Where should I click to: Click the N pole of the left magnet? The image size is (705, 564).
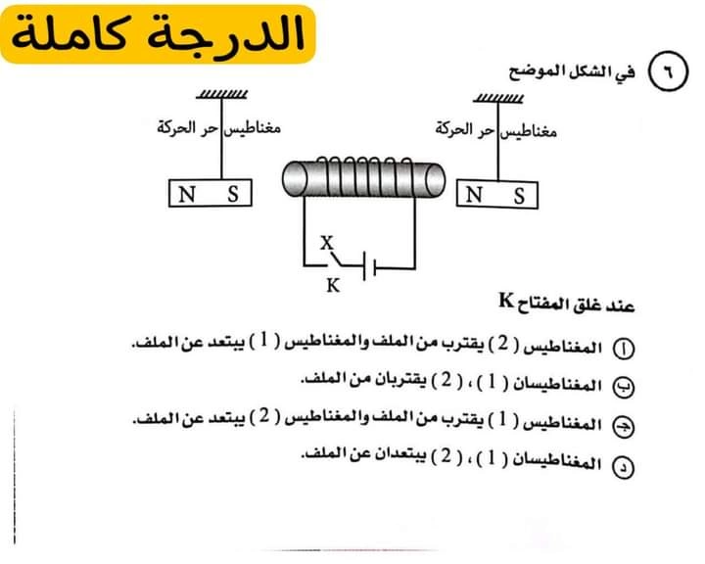click(x=187, y=194)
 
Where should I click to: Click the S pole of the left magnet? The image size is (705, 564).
click(x=232, y=194)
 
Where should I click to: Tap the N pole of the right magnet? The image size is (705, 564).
click(x=474, y=195)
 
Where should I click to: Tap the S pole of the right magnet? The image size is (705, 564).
click(x=519, y=196)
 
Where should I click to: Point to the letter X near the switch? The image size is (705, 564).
click(x=327, y=243)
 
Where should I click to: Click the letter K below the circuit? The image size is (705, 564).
click(x=333, y=285)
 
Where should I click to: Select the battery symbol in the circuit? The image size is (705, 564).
click(x=369, y=266)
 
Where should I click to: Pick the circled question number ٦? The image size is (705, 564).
click(x=668, y=71)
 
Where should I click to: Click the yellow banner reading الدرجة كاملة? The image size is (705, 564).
click(x=158, y=34)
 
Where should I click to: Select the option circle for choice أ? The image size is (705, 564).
click(x=624, y=349)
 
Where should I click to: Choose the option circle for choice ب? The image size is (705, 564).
click(x=624, y=387)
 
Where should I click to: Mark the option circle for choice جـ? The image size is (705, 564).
click(x=624, y=426)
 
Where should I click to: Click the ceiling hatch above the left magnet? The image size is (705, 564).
click(x=221, y=94)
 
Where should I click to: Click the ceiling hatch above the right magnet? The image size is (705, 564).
click(x=498, y=98)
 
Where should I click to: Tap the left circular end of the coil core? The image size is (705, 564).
click(x=295, y=179)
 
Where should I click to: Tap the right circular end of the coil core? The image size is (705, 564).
click(x=435, y=181)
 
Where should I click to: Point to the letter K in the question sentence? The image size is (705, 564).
click(x=506, y=300)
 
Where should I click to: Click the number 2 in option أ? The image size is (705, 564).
click(x=503, y=343)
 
